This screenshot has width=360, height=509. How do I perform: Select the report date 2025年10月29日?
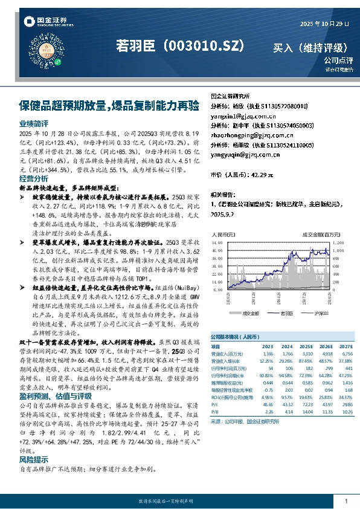[325, 24]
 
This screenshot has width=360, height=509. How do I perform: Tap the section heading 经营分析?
[34, 180]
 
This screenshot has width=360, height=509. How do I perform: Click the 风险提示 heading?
[34, 459]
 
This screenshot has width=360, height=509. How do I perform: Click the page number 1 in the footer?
[346, 501]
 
